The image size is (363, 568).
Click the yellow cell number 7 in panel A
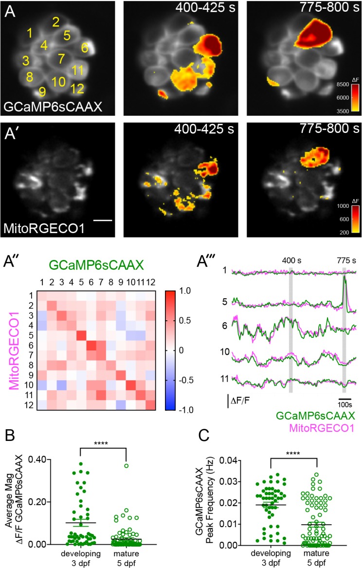tap(61, 59)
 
